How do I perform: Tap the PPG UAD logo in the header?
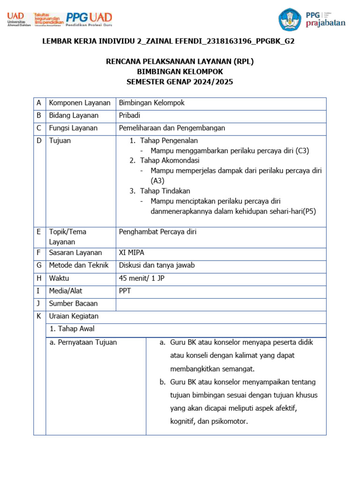point(89,19)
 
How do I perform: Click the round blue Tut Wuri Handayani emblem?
point(290,20)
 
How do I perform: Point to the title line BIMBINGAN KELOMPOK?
point(180,72)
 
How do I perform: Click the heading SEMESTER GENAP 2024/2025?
point(180,82)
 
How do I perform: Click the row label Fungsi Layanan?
point(73,128)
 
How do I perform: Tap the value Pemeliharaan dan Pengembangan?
point(172,128)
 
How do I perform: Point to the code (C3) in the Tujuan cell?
point(302,151)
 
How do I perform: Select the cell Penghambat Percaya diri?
point(157,232)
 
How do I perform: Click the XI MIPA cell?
point(132,253)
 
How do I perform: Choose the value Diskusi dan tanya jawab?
point(157,266)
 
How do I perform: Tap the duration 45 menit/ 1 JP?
point(142,278)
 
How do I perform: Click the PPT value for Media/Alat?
point(125,291)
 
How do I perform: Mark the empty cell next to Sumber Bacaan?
point(221,304)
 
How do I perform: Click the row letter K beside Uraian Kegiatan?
point(39,316)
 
